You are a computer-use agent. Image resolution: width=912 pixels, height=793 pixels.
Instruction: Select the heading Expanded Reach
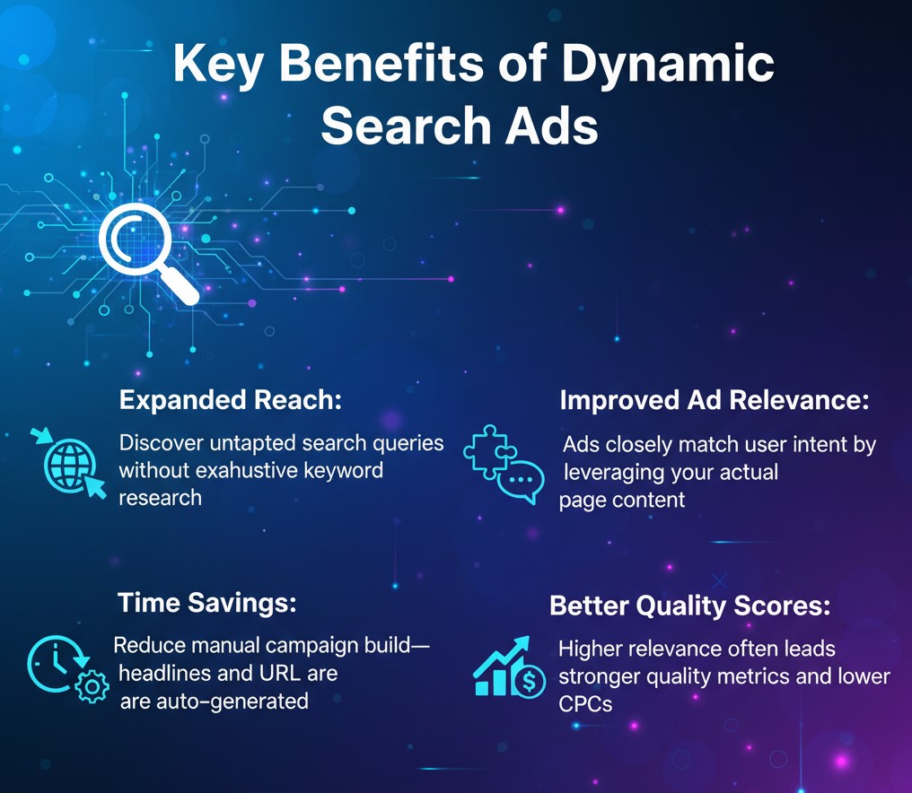pyautogui.click(x=231, y=400)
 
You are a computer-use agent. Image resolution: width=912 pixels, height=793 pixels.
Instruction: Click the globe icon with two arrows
pyautogui.click(x=68, y=464)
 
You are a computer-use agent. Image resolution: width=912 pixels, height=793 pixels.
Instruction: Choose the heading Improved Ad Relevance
pyautogui.click(x=715, y=400)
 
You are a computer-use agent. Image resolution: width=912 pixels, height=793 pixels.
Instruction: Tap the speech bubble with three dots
pyautogui.click(x=521, y=481)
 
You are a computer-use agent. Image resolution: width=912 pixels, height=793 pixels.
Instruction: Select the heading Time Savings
pyautogui.click(x=207, y=602)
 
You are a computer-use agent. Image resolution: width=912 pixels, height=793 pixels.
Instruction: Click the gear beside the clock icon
pyautogui.click(x=92, y=686)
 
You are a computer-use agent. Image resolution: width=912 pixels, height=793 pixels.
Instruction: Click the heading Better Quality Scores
pyautogui.click(x=689, y=606)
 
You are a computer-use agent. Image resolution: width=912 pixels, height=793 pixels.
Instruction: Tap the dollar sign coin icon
pyautogui.click(x=529, y=680)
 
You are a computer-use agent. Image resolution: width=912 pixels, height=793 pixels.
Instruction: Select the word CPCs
pyautogui.click(x=585, y=704)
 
